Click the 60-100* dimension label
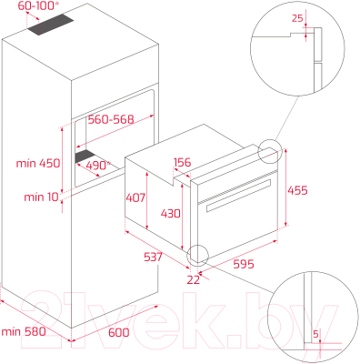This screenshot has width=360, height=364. pos(36,5)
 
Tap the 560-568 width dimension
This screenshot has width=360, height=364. pos(111,119)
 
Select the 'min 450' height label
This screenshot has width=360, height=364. pos(38,163)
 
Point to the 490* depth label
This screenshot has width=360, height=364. pos(98,166)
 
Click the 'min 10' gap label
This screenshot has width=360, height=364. pos(41,197)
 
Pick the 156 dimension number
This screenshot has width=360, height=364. pos(182,163)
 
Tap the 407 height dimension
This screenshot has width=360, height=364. pos(135,197)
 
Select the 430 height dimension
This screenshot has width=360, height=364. pos(171,214)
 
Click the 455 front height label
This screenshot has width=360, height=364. pos(297,190)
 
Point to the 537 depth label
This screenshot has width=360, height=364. pos(153,258)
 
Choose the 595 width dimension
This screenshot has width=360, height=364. pos(244,264)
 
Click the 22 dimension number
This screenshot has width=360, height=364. pos(194,279)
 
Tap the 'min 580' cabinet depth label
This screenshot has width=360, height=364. pos(24,331)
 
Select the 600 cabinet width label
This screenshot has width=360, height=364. pos(119,332)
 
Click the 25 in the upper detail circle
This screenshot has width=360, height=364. pos(297,18)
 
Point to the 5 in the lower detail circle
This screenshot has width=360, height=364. pos(315,334)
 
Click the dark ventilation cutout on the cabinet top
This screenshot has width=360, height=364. pos(51,25)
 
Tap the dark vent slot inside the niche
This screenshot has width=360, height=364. pos(85,157)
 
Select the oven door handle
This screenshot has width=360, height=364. pos(238,196)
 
